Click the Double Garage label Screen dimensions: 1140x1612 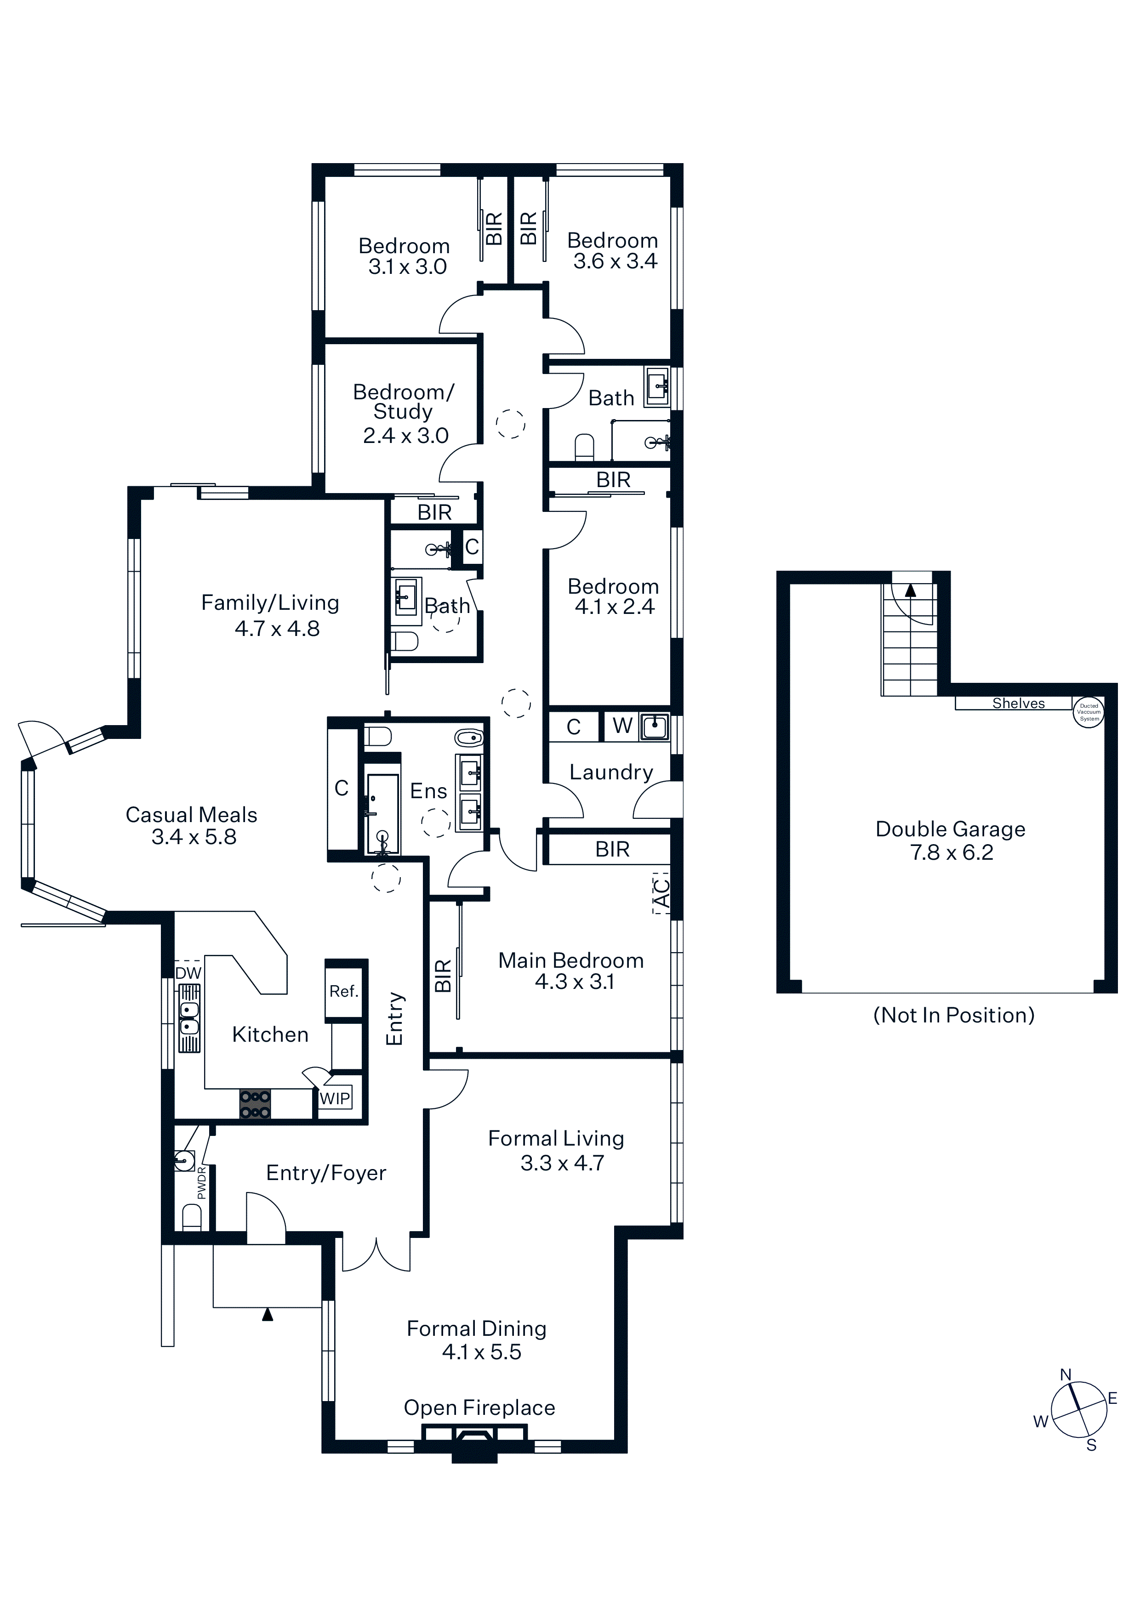(950, 829)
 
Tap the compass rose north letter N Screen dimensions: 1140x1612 (1066, 1375)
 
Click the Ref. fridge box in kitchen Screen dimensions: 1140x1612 (344, 991)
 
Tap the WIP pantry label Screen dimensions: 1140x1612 (334, 1099)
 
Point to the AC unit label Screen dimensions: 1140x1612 (661, 893)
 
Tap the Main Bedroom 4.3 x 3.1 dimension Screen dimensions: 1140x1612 (575, 982)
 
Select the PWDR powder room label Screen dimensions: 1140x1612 (202, 1182)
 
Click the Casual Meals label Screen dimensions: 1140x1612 (191, 814)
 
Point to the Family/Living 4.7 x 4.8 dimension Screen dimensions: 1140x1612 (278, 628)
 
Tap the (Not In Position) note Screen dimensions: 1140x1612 (954, 1015)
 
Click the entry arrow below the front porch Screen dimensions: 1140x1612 (268, 1314)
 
